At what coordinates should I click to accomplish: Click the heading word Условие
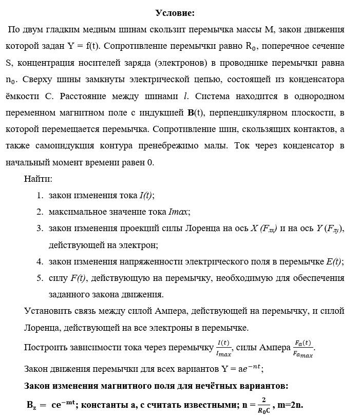[175, 12]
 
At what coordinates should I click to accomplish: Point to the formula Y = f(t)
[84, 46]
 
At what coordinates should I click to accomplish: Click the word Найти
[38, 179]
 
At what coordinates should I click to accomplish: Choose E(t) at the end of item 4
[333, 261]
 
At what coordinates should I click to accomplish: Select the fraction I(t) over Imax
[224, 348]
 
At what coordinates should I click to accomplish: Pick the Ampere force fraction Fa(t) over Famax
[303, 348]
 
